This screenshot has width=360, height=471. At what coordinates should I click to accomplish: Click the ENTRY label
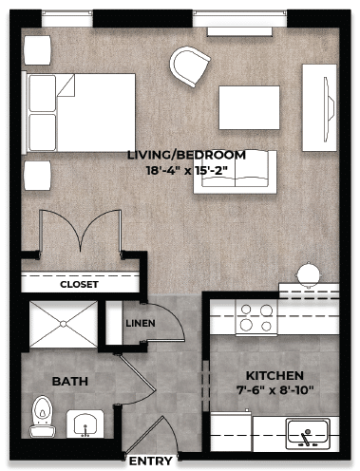pos(150,462)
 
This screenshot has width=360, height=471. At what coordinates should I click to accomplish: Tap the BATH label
pos(69,382)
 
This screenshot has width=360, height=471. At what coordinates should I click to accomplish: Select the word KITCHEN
pos(275,375)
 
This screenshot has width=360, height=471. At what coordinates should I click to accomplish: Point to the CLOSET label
pos(79,284)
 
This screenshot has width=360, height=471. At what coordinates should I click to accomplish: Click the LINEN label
pos(141,323)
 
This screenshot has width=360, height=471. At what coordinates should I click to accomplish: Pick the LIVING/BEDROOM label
pos(186,155)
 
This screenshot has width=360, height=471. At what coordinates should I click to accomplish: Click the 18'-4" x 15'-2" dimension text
pos(186,171)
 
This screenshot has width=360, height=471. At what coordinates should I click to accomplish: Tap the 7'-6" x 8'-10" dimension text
pos(275,390)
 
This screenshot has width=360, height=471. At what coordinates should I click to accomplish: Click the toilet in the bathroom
pos(42,413)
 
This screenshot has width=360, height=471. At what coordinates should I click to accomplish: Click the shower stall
pos(63,326)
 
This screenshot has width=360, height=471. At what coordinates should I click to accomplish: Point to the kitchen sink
pos(308,434)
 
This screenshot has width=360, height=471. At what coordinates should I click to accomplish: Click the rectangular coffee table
pos(249,107)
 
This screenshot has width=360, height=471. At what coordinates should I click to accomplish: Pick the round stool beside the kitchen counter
pos(309,273)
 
